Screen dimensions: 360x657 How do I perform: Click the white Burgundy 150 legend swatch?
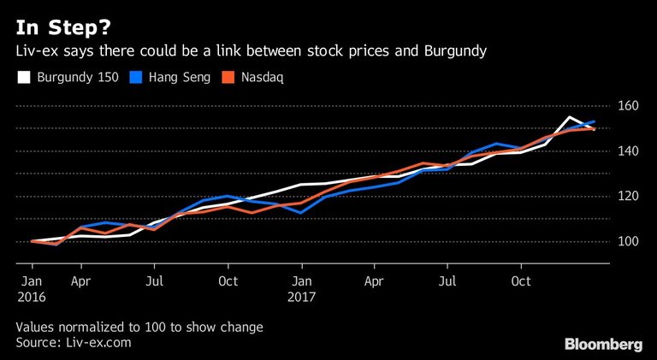point(23,77)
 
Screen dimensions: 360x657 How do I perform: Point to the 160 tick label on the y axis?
point(629,106)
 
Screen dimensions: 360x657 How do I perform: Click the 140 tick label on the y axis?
point(629,151)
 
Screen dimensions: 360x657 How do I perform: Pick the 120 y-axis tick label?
point(629,197)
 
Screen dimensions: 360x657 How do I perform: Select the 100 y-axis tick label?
point(629,242)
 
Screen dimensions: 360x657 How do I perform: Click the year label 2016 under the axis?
point(31,298)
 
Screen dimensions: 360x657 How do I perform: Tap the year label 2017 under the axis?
point(302,298)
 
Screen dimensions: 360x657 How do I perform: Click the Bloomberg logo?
point(603,344)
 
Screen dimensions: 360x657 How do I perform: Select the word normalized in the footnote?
point(92,327)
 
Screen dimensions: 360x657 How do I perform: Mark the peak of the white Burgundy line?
point(570,117)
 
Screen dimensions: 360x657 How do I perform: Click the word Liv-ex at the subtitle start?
point(38,50)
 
